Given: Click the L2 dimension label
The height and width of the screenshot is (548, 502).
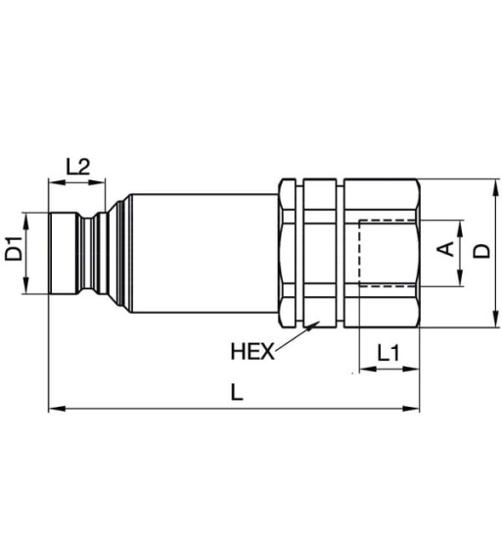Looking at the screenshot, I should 78,166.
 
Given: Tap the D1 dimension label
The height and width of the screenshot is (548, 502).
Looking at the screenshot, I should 14,251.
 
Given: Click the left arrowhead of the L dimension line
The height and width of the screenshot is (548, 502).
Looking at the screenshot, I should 55,407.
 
